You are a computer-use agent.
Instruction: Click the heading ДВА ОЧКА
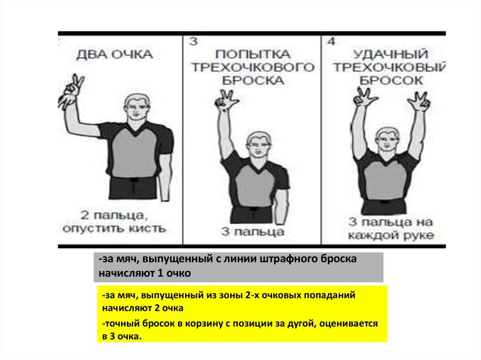[x=115, y=54]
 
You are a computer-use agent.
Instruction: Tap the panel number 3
[x=193, y=41]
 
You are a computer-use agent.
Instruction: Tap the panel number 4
[x=331, y=41]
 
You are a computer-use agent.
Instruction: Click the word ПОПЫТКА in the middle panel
[x=253, y=54]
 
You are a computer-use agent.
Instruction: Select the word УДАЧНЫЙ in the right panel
[x=390, y=54]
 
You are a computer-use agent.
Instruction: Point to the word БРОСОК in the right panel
[x=391, y=81]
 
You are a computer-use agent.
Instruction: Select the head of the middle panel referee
[x=259, y=145]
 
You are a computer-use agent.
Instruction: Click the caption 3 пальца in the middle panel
[x=253, y=232]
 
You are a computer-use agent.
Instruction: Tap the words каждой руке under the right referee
[x=391, y=235]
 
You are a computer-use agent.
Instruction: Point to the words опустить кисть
[x=115, y=229]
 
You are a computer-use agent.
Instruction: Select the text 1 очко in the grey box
[x=174, y=273]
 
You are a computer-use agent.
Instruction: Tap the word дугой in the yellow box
[x=302, y=323]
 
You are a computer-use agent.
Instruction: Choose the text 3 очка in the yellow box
[x=125, y=337]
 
